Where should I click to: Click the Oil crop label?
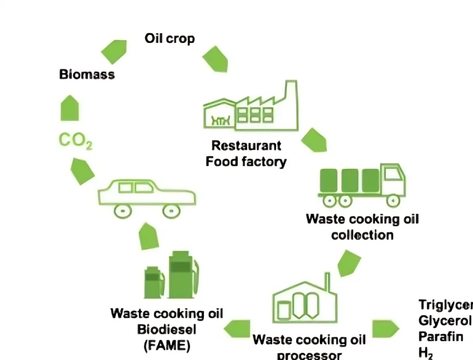[x=169, y=39]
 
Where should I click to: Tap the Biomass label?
[x=87, y=74]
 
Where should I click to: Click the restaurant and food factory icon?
[x=251, y=108]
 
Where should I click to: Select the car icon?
[x=146, y=196]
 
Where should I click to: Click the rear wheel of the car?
[x=122, y=210]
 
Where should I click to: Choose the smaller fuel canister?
[x=154, y=282]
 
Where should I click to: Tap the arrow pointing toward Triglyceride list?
[x=385, y=329]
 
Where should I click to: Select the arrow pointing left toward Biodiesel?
[x=236, y=329]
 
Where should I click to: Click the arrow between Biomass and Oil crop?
[x=114, y=51]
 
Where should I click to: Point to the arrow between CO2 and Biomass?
[x=69, y=108]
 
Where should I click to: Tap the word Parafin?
[x=441, y=336]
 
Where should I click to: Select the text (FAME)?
[x=167, y=346]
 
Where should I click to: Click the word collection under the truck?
[x=362, y=235]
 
